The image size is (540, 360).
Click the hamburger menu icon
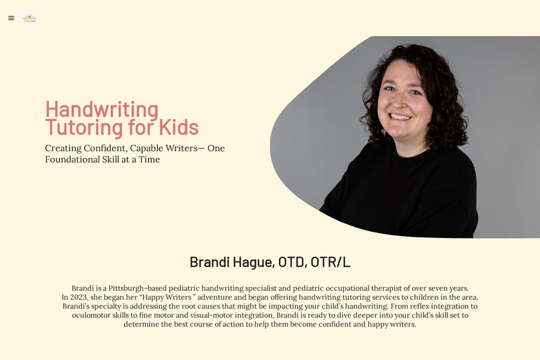pos(11,18)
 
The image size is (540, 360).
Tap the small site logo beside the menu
pos(30,18)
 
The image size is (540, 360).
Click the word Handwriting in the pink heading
pos(102,110)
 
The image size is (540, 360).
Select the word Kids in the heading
pos(179,127)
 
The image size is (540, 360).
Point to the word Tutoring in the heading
pos(84,128)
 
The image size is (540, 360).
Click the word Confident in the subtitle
pos(105,148)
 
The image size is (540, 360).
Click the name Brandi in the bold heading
pos(210,262)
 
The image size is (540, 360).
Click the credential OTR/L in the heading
pos(330,262)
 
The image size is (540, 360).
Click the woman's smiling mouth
pos(400,117)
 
